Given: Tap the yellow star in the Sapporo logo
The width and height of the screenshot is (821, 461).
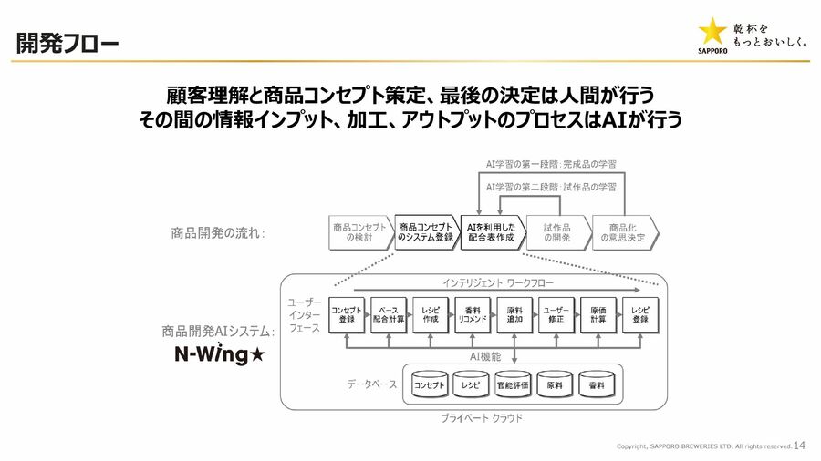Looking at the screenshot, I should coord(712,30).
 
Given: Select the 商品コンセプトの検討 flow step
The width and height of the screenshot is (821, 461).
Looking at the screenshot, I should coord(359,232).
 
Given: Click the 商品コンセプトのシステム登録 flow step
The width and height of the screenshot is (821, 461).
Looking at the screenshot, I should coord(424,232).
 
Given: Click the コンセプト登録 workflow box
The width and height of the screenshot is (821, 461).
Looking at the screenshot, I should coord(348,314).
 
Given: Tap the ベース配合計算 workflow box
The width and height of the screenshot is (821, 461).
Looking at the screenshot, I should coord(389,314).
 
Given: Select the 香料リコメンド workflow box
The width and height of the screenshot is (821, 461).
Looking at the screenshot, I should coord(473,314).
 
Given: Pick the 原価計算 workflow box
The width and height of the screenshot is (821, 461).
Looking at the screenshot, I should coord(598,314).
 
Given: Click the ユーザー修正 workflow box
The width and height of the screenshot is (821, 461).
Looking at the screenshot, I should coord(556,314).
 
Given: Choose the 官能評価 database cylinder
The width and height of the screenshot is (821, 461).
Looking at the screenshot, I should coord(513,386).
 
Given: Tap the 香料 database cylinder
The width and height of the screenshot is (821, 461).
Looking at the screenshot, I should coord(597,386).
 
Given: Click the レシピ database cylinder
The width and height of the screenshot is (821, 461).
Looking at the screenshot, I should coord(472,386).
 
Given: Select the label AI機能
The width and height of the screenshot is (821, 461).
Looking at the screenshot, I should coord(485,357).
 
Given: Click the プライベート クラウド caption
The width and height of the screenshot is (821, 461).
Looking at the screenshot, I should coord(483,418).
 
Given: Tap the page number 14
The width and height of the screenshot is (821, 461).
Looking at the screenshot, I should coord(800,446).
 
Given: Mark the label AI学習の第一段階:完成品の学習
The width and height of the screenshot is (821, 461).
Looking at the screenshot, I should coord(551,165).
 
